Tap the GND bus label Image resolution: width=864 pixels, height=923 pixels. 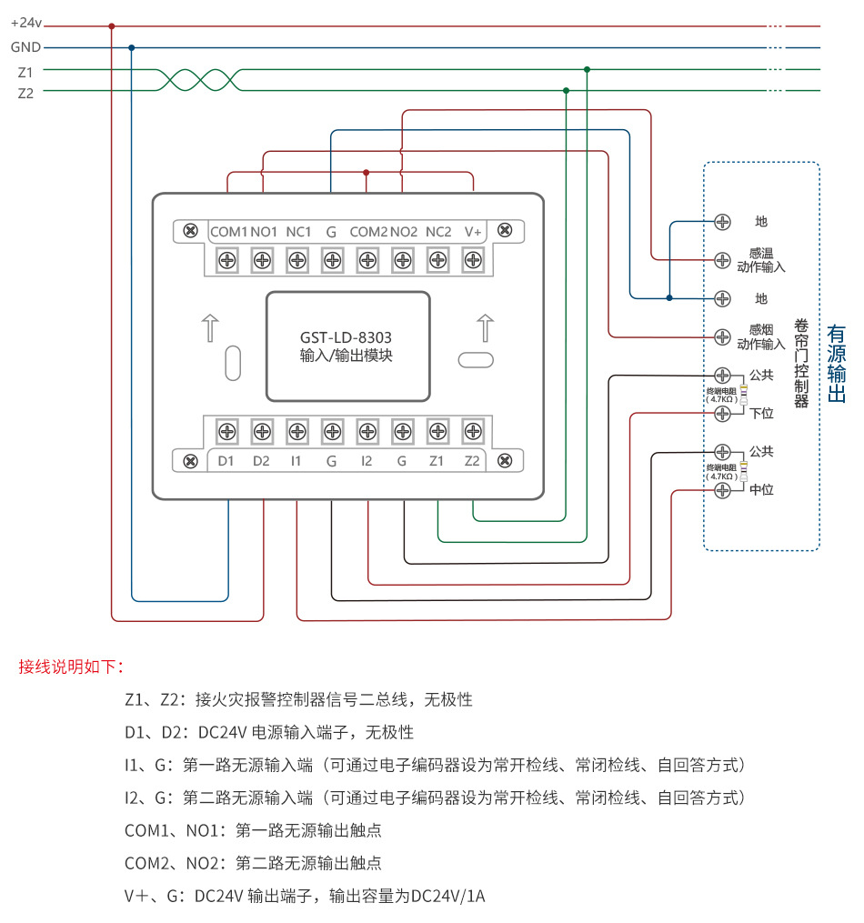25,47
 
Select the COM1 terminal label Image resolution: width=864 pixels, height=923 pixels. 228,232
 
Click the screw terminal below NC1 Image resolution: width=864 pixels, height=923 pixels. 297,261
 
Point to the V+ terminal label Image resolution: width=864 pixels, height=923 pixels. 473,232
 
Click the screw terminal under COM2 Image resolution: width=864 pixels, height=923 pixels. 367,261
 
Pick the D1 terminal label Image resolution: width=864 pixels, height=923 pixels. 226,461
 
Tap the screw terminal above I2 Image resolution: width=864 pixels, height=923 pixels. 367,430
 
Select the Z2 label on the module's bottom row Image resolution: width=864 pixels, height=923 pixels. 472,461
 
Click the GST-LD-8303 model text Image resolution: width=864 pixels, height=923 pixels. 346,336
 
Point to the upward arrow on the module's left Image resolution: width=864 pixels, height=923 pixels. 209,327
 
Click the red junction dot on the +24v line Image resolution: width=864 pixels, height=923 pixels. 112,26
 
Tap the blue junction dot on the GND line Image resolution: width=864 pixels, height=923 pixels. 132,47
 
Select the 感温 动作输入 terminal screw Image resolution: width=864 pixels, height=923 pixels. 723,260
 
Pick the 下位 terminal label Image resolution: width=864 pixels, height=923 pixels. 761,414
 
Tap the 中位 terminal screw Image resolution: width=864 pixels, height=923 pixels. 723,490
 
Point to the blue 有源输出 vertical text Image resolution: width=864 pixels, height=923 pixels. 837,364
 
